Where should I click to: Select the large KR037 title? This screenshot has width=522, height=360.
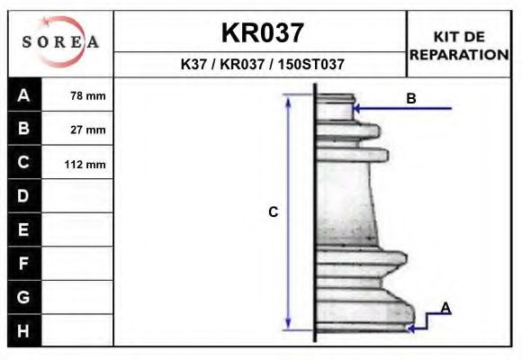[262, 33]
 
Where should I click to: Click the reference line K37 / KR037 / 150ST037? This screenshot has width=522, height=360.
[262, 65]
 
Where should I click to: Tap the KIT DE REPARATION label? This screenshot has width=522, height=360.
[459, 45]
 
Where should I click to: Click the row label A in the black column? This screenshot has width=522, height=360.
[24, 95]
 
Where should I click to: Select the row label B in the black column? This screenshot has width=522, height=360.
[24, 129]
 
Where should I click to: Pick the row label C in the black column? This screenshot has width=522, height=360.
[24, 163]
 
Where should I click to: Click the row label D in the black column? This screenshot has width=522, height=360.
[24, 196]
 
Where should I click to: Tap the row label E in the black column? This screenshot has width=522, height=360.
[24, 229]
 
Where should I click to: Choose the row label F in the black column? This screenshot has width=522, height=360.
[24, 264]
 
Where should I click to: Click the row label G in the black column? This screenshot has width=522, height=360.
[24, 297]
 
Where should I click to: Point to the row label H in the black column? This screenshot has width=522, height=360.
[24, 331]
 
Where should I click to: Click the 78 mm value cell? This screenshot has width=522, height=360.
[88, 95]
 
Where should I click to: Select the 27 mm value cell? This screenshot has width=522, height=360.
[88, 130]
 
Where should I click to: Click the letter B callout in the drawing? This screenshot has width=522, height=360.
[410, 98]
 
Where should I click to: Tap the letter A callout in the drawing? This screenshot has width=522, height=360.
[445, 309]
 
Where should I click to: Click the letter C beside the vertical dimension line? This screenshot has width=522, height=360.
[273, 212]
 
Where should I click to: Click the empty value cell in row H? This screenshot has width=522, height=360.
[78, 331]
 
